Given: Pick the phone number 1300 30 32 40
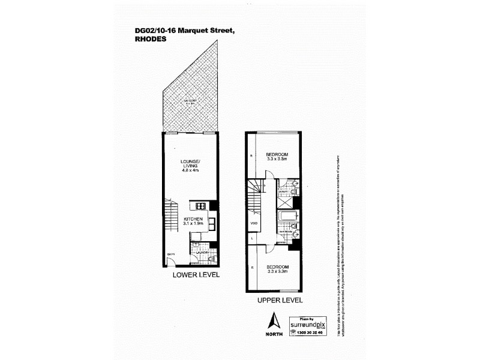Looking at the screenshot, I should (x=308, y=332).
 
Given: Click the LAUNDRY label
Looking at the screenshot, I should (x=200, y=253).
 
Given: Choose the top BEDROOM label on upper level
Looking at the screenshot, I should (x=278, y=154).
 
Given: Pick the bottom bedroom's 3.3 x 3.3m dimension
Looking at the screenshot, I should (x=278, y=271).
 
